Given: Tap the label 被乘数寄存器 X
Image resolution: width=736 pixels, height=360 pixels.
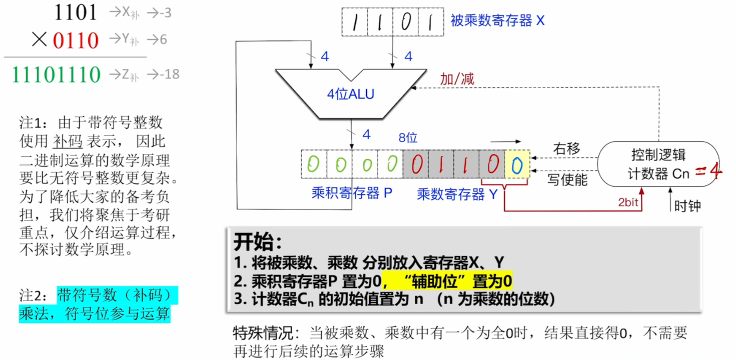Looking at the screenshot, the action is click(x=497, y=20).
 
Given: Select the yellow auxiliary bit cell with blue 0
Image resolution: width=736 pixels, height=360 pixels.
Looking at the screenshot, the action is click(x=517, y=164).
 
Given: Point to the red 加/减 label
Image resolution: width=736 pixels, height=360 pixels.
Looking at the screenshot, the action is click(x=456, y=79).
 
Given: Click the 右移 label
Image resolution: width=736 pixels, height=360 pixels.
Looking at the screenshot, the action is click(x=566, y=148).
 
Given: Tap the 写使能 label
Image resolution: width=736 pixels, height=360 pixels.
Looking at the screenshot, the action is click(x=567, y=179).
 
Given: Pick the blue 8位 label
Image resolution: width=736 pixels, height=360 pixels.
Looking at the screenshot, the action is click(x=408, y=137).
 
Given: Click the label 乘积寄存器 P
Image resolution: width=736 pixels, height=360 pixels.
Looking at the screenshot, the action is click(x=352, y=193).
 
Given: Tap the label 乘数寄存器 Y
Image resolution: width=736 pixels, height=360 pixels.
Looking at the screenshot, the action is click(x=457, y=194).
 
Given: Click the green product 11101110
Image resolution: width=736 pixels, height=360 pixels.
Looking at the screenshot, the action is click(x=56, y=74).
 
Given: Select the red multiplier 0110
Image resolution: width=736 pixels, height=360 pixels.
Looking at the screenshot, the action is click(x=76, y=40).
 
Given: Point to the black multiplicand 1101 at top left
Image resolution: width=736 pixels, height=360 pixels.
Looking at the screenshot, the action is click(x=76, y=12).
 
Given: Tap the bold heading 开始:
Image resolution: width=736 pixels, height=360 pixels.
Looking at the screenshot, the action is click(x=258, y=242).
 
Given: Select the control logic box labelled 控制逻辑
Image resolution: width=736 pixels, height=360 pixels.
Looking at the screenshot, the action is click(x=658, y=164).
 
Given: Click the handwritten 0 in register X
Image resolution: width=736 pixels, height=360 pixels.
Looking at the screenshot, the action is click(x=406, y=22).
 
